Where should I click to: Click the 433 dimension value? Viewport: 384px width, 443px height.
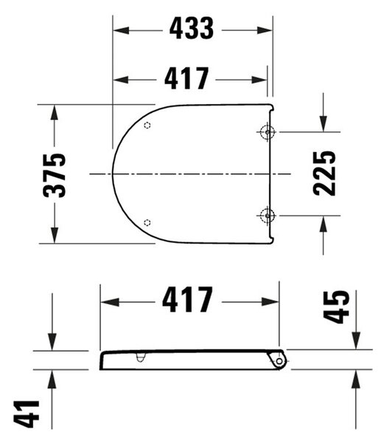click(x=192, y=28)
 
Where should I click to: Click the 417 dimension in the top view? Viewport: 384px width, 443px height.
click(x=186, y=78)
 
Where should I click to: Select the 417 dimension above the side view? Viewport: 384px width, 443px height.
click(x=187, y=299)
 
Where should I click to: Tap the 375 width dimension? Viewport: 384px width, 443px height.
click(x=55, y=175)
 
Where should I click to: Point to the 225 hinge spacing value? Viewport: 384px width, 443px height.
click(x=324, y=174)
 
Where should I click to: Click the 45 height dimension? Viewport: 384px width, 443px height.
click(x=336, y=306)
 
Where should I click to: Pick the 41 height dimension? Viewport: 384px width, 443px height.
click(x=27, y=414)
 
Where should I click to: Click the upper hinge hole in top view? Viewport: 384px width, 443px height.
click(x=267, y=132)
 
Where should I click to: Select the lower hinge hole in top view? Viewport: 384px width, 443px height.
click(x=267, y=216)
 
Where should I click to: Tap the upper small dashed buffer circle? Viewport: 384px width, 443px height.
click(x=147, y=126)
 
